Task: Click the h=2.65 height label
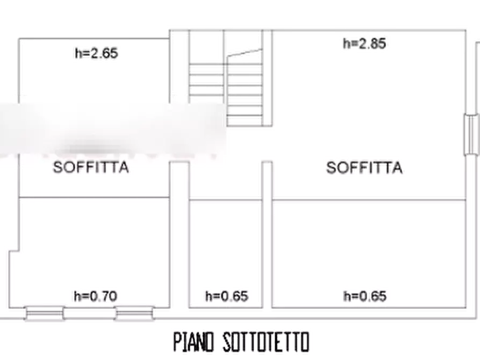point(96,54)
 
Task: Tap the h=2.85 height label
point(364,44)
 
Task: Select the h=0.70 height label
point(96,295)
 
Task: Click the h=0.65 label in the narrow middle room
point(226,296)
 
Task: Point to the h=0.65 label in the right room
point(365,296)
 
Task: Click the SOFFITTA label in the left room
point(91,167)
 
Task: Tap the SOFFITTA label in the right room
point(364,168)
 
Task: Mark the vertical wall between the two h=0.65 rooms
point(267,253)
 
